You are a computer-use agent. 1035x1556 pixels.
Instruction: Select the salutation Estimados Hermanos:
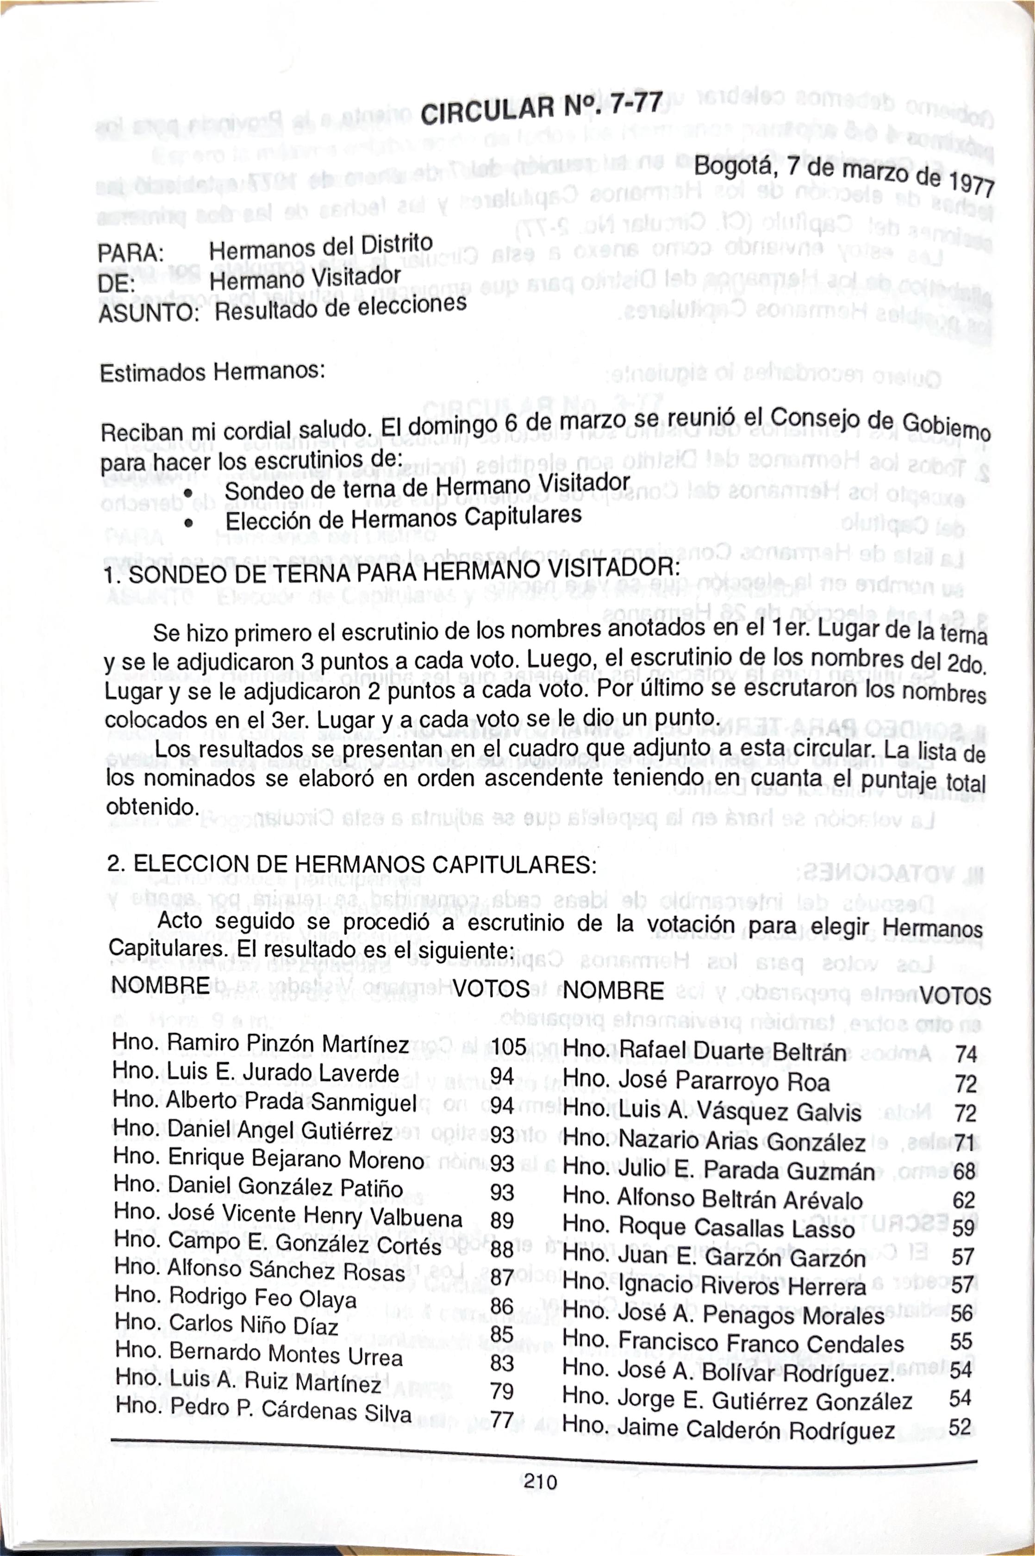212,372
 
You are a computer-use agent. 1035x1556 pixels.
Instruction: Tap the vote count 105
508,1046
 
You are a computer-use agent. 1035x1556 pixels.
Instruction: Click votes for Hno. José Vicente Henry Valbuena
502,1221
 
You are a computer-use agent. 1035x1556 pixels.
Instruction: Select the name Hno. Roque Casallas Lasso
709,1227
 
